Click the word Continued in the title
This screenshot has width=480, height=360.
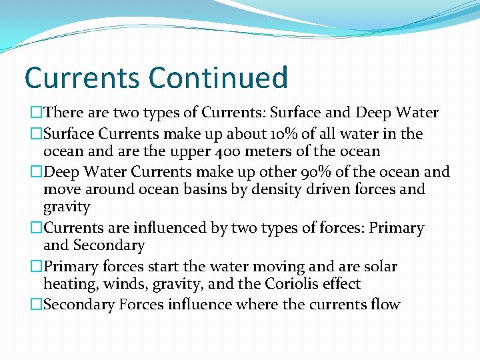tap(219, 77)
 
